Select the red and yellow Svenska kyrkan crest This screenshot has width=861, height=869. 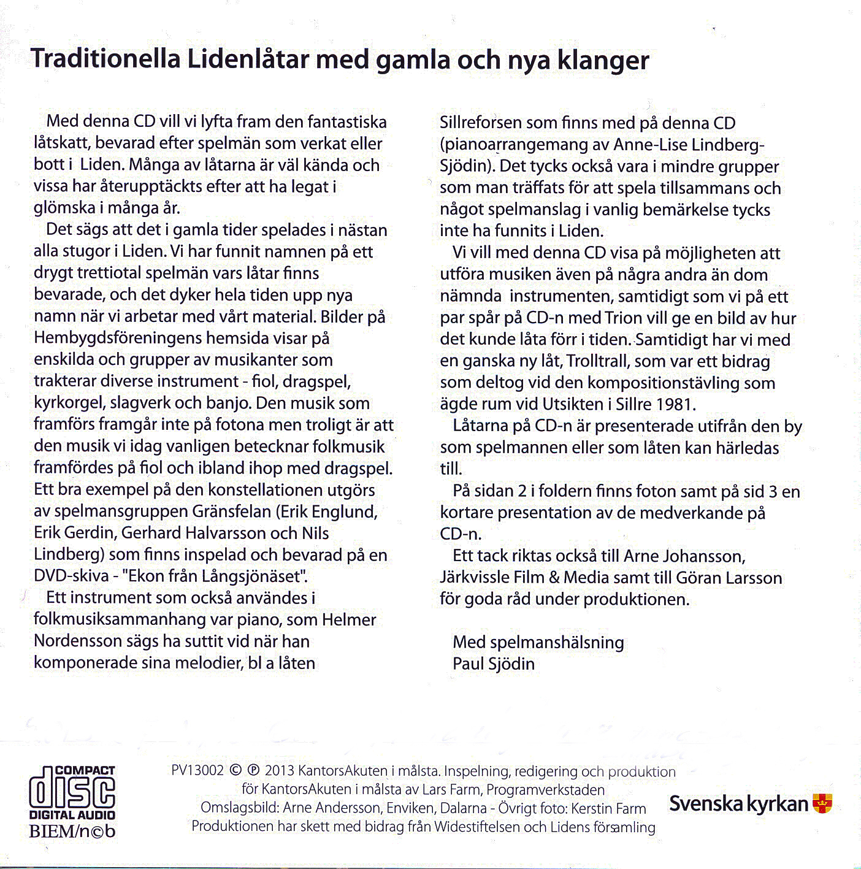(822, 803)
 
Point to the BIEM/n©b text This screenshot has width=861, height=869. (72, 831)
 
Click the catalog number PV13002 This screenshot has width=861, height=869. (198, 771)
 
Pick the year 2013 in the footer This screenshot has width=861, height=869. (280, 771)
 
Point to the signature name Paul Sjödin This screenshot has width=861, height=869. (493, 664)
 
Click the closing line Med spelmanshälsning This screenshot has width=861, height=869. (538, 642)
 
